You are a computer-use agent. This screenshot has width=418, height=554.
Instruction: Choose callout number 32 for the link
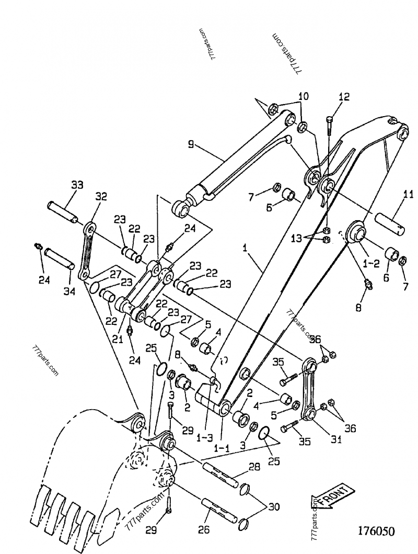[x=101, y=197]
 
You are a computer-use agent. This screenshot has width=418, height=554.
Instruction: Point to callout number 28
[x=254, y=466]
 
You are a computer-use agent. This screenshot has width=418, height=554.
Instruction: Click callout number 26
[x=204, y=530]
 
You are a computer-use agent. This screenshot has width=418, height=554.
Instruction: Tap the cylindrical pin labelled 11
[x=389, y=220]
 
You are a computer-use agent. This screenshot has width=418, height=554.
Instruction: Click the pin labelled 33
[x=63, y=211]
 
